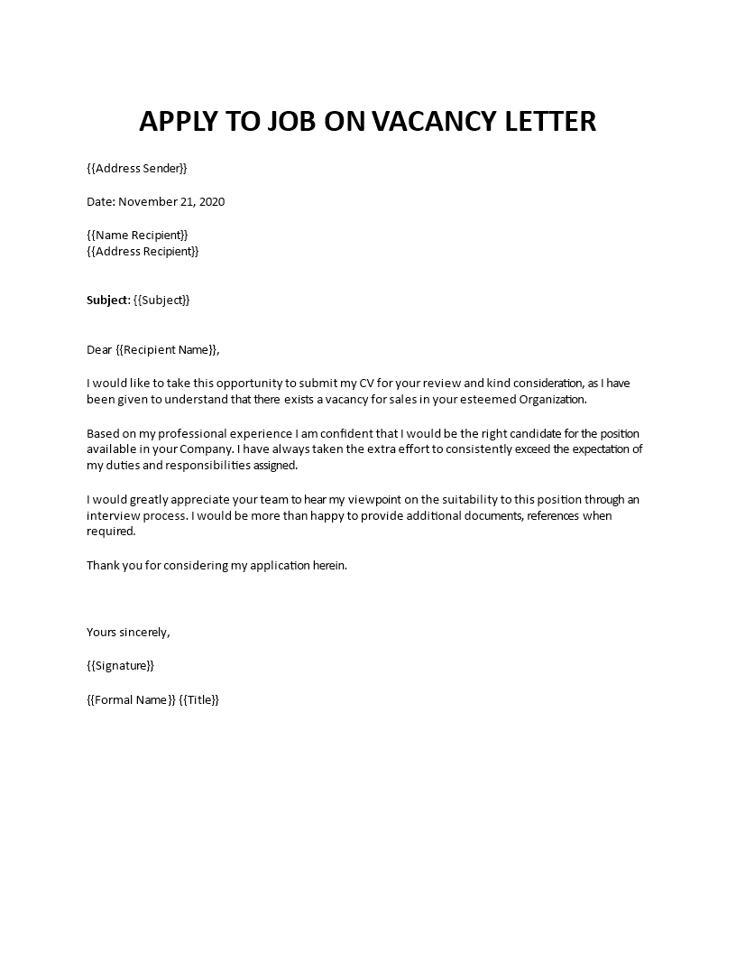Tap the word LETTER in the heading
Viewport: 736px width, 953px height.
547,121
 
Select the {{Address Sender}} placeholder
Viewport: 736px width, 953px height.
137,168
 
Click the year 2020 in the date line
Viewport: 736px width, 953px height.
209,201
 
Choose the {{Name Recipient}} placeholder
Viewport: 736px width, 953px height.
137,235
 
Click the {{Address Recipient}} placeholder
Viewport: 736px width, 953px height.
143,251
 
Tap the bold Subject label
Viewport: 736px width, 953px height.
107,300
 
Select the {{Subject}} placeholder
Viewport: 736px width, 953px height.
162,300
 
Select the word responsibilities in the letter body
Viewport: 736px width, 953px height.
248,466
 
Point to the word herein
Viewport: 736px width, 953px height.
327,565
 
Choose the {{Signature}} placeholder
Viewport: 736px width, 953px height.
121,665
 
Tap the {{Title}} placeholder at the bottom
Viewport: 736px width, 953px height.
199,699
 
